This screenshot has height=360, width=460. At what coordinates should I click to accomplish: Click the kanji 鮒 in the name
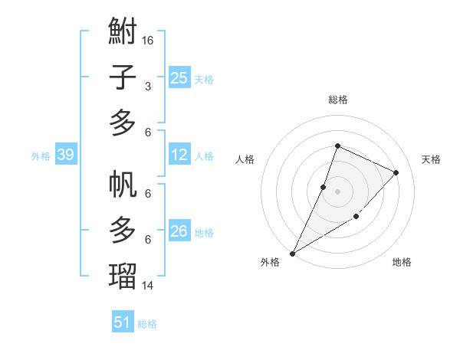tap(123, 34)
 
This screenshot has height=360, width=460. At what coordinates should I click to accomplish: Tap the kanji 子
tap(123, 78)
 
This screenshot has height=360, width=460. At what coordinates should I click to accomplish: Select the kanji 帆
tap(123, 185)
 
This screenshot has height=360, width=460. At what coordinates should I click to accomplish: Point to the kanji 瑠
tap(123, 273)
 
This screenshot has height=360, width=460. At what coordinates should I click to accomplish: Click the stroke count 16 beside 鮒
tap(149, 39)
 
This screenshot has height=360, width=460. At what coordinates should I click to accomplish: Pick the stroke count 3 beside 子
tap(148, 87)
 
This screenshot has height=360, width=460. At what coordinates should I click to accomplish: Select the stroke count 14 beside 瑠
tap(149, 285)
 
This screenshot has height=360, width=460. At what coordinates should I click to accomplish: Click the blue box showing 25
tap(179, 77)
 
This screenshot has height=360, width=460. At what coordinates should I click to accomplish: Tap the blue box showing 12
tap(179, 155)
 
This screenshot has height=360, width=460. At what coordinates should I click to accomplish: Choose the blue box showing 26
tap(179, 231)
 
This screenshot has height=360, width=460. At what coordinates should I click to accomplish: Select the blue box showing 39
tap(65, 155)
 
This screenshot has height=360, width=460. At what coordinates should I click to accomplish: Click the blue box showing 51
tap(123, 322)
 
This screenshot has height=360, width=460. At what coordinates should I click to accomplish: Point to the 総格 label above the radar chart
tap(337, 100)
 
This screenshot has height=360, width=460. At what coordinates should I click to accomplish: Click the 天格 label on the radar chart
tap(431, 159)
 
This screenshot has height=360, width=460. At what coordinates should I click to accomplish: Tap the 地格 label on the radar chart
tap(402, 262)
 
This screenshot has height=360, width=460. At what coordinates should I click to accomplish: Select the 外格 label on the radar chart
tap(270, 262)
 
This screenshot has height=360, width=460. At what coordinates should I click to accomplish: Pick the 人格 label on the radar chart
tap(245, 159)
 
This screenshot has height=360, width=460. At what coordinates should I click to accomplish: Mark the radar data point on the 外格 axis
tap(292, 254)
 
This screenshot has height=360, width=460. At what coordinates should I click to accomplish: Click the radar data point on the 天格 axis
tap(396, 172)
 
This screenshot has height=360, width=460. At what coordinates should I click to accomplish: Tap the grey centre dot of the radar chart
tap(337, 191)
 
